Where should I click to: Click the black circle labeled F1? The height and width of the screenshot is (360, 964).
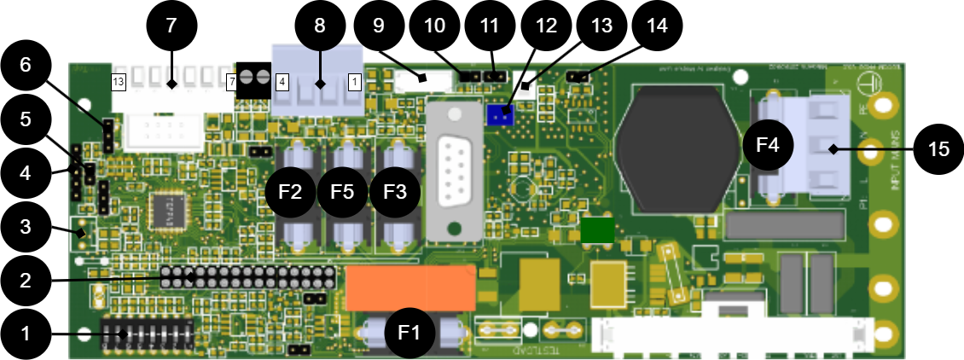coord(410,333)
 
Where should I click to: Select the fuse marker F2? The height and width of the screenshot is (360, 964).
coord(291,191)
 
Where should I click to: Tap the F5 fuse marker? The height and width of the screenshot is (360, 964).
coord(343,191)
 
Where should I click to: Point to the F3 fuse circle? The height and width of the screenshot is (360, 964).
coord(395,191)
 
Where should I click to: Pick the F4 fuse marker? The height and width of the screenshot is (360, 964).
coord(768,145)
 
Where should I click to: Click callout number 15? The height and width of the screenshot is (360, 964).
coord(938,149)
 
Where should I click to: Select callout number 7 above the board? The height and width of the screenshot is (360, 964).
coord(171,26)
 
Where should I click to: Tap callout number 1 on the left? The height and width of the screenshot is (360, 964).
coord(26,334)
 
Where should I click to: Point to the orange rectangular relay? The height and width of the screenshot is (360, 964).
coord(410,288)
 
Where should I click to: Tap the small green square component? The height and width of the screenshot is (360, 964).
coord(597,230)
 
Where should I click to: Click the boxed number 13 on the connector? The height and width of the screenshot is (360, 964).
coord(119,82)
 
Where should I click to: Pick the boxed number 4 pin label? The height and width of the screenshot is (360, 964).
coord(282,82)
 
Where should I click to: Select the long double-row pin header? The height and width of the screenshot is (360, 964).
coord(247,276)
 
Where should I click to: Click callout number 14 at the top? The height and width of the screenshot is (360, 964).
coord(657,26)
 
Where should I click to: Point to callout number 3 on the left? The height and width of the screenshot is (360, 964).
coord(26,227)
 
